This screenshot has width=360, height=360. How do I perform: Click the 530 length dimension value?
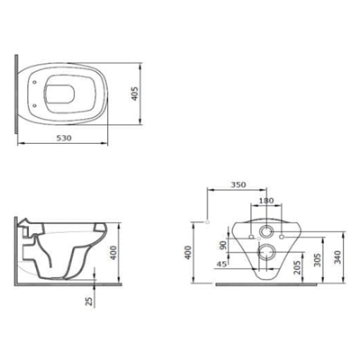(x=64, y=138)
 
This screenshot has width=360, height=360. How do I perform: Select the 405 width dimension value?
(x=134, y=94)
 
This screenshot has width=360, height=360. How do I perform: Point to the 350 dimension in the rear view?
(x=238, y=184)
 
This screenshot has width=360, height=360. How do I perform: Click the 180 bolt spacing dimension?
(x=266, y=200)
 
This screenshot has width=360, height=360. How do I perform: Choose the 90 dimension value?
(x=222, y=245)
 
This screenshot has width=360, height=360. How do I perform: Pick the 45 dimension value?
(x=221, y=264)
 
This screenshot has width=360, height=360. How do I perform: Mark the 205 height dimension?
(x=297, y=267)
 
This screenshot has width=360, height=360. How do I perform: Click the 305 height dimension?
(x=318, y=259)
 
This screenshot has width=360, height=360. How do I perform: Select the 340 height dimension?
(x=338, y=256)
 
